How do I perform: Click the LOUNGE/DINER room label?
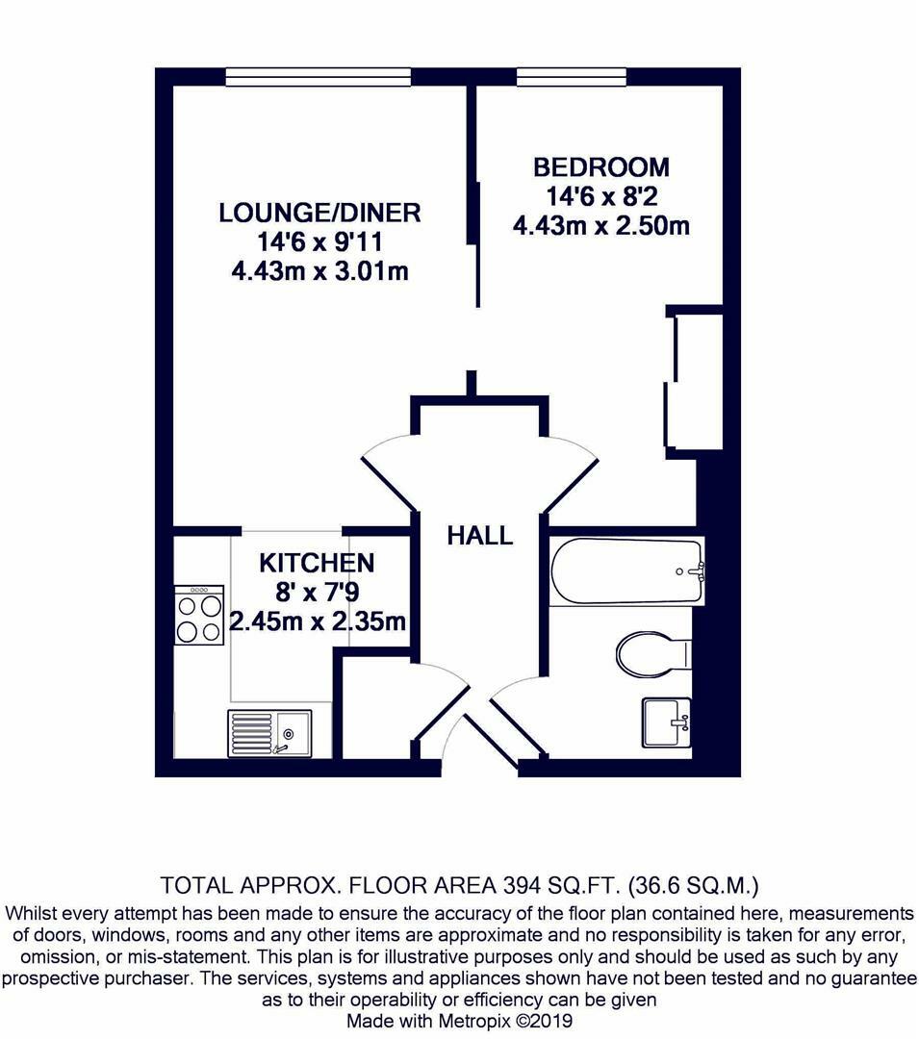320,213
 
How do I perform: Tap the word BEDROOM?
601,167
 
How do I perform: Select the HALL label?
479,536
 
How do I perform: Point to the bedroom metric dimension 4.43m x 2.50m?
601,227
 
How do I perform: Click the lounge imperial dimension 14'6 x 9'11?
320,242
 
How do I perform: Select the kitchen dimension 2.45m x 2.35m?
318,622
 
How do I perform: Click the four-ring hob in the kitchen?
199,615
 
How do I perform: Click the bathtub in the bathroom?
626,571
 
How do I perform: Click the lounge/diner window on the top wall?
319,77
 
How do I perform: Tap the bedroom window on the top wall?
571,77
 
